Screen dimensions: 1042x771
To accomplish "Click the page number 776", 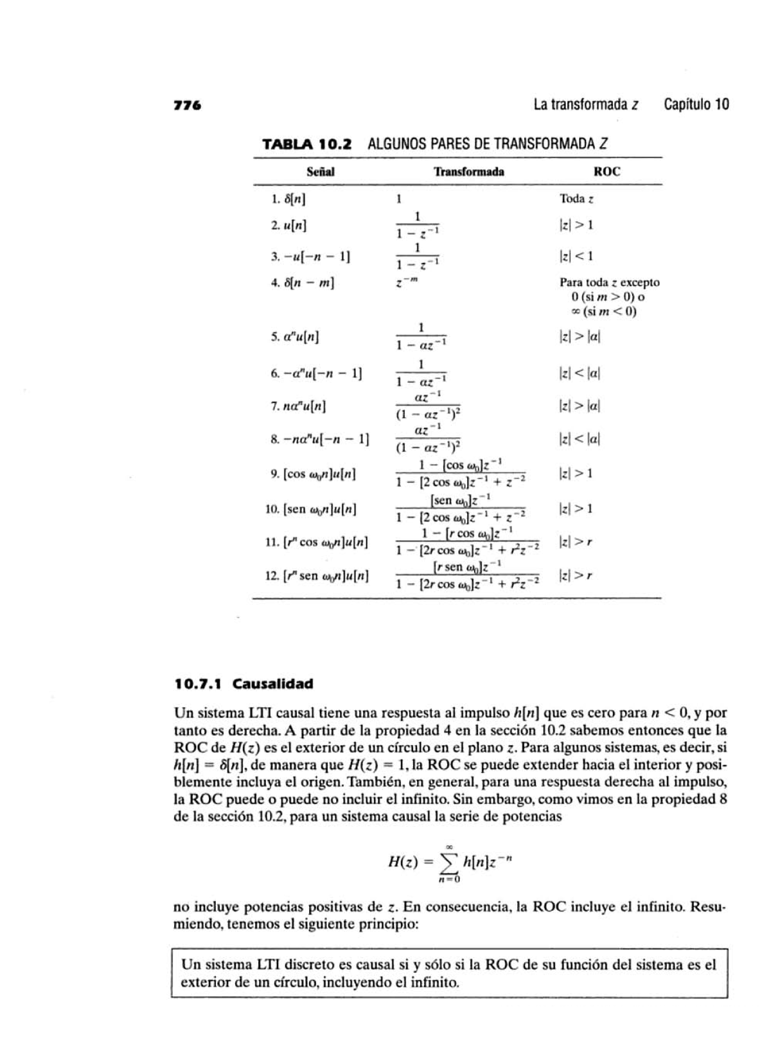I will [188, 105].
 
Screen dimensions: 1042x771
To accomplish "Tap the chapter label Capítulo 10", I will [696, 105].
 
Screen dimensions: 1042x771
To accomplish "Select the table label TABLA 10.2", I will [307, 143].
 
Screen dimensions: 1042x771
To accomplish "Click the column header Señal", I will [320, 172].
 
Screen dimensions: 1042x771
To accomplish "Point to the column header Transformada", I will [468, 172].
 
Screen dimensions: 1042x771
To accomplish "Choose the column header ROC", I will [607, 172].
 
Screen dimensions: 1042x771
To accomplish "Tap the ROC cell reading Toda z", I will [576, 199].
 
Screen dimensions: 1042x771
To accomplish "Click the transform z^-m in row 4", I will [406, 282].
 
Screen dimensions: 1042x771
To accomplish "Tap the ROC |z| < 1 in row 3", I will [576, 256].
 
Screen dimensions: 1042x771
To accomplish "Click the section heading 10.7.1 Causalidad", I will [244, 684].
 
